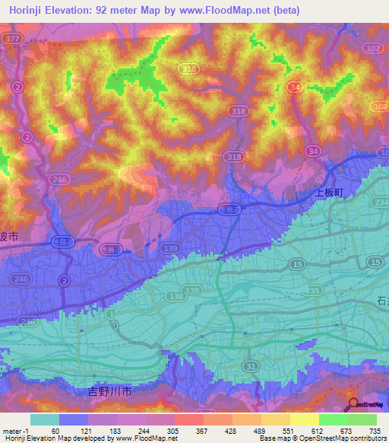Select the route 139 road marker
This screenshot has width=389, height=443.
click(171, 250)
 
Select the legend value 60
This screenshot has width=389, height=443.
click(55, 430)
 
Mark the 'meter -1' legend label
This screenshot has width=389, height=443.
click(17, 430)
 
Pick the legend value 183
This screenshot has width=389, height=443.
click(113, 430)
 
